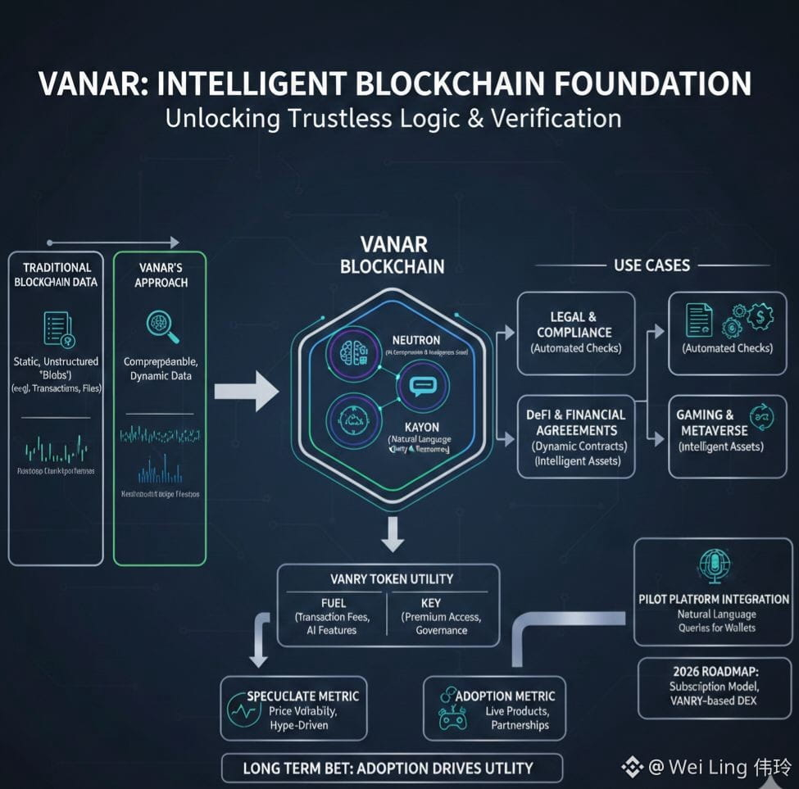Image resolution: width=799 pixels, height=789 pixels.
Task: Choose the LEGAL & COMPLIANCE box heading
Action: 574,324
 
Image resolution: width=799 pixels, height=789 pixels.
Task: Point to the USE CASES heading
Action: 651,265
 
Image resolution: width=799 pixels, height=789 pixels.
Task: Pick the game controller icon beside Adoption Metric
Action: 452,719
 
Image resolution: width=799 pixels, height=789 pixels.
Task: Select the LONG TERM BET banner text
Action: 388,769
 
